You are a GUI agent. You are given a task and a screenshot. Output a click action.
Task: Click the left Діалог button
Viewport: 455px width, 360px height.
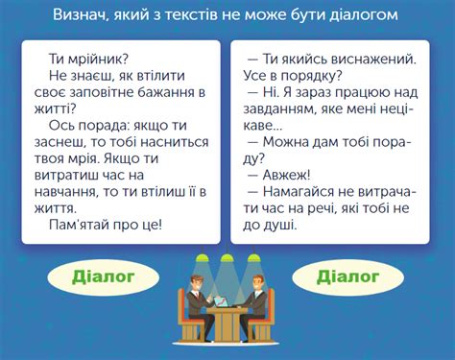[103, 278]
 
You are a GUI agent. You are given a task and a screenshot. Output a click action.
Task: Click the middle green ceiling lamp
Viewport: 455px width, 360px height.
[227, 258]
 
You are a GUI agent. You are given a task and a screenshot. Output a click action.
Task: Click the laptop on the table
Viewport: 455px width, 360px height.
[222, 303]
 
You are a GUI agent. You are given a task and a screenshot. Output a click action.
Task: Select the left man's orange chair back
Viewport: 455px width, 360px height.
[180, 317]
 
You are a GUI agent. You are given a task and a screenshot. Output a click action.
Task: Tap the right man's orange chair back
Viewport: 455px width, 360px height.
[273, 317]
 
